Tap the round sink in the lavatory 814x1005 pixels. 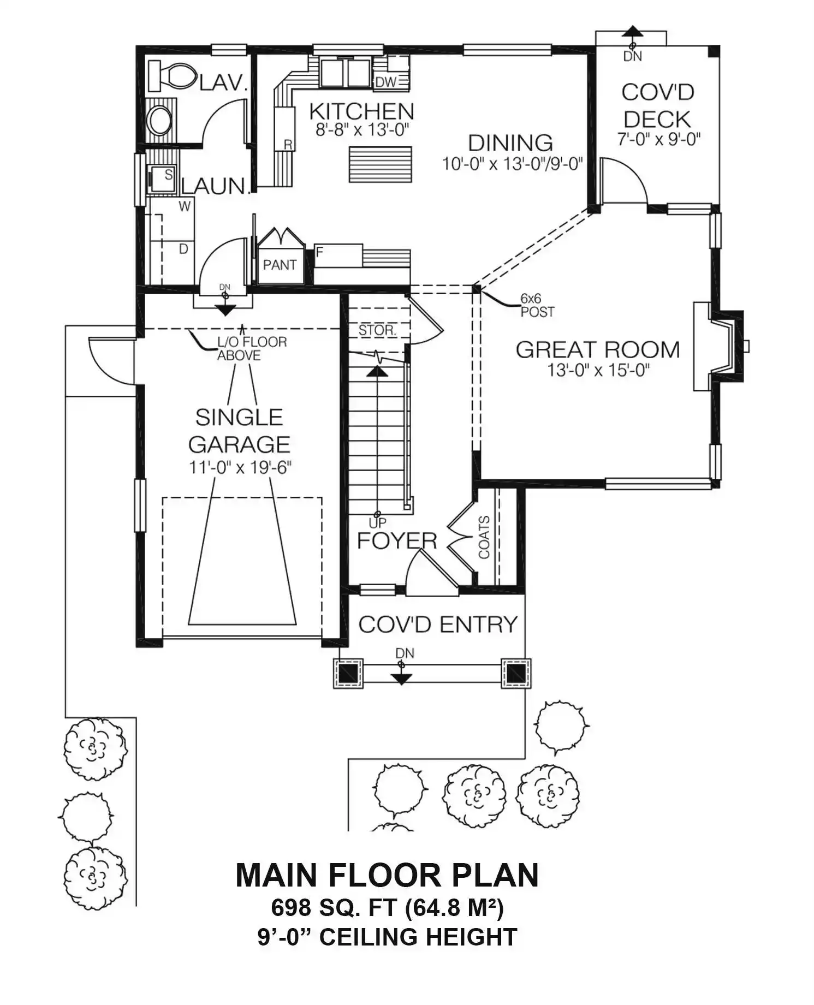coord(160,120)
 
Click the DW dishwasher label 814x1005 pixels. coord(386,82)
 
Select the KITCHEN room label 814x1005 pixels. coord(361,111)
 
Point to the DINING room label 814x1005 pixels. coord(510,143)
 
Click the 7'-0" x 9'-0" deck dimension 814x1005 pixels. coord(658,139)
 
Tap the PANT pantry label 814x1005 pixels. coord(280,265)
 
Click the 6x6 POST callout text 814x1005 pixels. coord(537,306)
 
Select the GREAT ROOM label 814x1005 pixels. coord(598,349)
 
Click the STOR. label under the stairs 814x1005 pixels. coord(377,330)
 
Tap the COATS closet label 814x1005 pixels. coord(484,537)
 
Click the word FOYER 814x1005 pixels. coord(397,541)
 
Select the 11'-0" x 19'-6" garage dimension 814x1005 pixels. coord(240,468)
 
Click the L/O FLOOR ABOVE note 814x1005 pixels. coord(252,349)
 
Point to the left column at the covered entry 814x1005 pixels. coord(348,673)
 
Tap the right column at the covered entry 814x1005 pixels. coord(516,673)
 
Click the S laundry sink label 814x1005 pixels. coord(169,175)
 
